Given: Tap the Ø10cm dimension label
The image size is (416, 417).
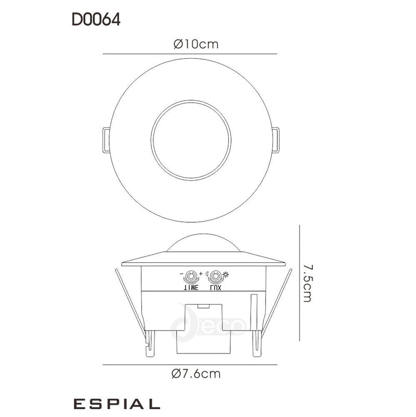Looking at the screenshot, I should pos(196,44).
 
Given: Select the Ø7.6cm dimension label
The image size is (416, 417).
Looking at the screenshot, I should pos(196,373).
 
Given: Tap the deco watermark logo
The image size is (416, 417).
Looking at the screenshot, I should pos(208,325).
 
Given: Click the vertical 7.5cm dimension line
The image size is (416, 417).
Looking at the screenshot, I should pos(299,283).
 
